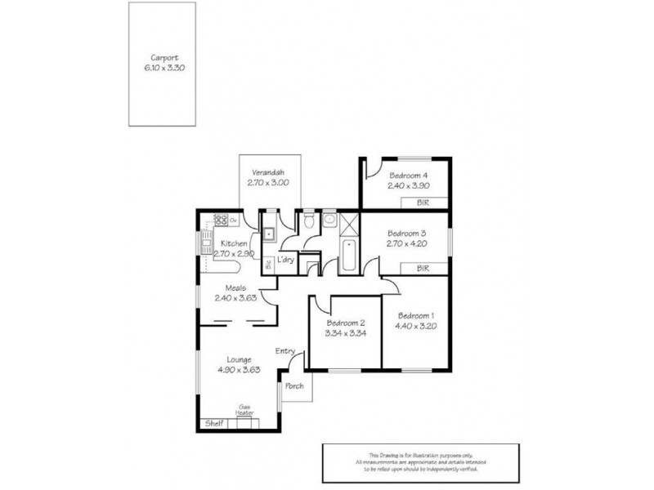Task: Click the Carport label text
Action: (162, 58)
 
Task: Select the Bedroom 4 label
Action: (408, 176)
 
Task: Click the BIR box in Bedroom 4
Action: (423, 203)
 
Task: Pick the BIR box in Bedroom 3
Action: (423, 268)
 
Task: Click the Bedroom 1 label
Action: (416, 316)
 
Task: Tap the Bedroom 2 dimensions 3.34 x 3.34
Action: (344, 333)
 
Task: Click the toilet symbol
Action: (308, 221)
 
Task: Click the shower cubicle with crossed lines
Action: (348, 222)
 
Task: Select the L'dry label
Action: (285, 259)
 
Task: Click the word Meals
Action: (236, 287)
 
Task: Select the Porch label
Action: (295, 386)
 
